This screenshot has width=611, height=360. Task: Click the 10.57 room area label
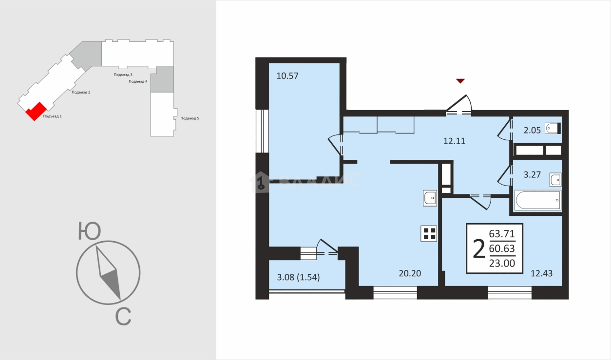point(287,76)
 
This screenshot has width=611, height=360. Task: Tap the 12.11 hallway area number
point(454,141)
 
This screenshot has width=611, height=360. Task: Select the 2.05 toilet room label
point(532,131)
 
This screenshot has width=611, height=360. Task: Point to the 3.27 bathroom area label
point(532,174)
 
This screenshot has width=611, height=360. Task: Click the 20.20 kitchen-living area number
point(410,273)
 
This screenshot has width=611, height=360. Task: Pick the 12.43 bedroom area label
point(541,273)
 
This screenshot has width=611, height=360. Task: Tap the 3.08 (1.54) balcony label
point(298,277)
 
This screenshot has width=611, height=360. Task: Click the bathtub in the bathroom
point(537,200)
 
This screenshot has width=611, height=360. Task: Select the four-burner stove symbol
point(429,234)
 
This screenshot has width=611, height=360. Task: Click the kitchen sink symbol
point(430,198)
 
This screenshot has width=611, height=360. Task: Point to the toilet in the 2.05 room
point(553,128)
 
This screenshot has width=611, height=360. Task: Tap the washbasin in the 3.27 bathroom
point(555,180)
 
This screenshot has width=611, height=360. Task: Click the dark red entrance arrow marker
point(460,81)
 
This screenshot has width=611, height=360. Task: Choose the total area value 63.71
point(502,234)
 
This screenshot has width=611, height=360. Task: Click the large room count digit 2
point(479,248)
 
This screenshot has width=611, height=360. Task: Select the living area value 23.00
point(502,263)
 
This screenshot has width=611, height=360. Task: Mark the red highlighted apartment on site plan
point(36,111)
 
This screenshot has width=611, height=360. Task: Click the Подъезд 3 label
point(123,75)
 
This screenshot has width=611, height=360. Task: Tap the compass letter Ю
point(89,231)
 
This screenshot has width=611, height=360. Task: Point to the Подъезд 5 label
point(190,118)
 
